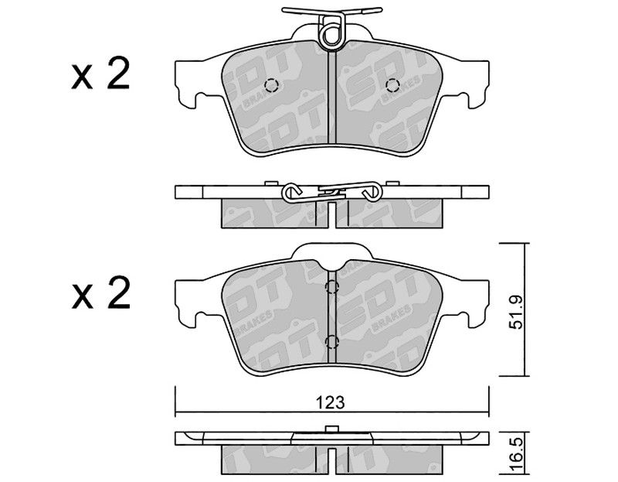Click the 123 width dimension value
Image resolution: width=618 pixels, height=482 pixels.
tap(330, 402)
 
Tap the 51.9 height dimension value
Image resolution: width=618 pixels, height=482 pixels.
tap(515, 313)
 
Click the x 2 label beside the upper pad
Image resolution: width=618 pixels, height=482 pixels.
tap(100, 73)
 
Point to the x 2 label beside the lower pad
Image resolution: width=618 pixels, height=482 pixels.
tap(100, 293)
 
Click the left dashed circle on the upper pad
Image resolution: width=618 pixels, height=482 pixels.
tap(271, 85)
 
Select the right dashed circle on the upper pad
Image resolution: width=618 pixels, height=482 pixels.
tap(392, 85)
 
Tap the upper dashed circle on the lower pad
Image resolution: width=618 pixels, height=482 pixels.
tap(331, 287)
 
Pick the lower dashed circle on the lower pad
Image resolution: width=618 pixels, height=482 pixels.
tap(331, 342)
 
